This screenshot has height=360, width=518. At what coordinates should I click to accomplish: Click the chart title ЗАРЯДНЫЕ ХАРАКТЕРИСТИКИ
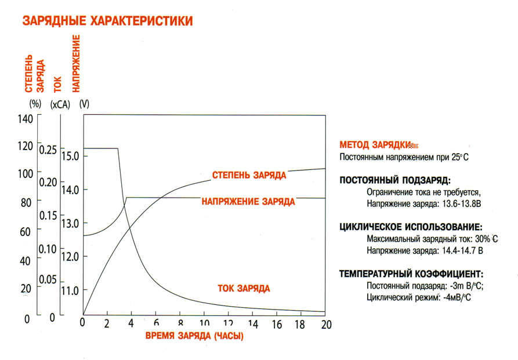tap(107, 21)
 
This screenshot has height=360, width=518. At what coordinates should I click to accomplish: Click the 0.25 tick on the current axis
tap(49, 150)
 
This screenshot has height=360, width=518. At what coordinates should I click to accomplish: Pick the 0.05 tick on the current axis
tap(49, 279)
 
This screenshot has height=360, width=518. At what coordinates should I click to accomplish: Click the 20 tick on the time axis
tap(325, 324)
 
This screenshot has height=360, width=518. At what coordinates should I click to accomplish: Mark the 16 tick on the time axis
tap(277, 324)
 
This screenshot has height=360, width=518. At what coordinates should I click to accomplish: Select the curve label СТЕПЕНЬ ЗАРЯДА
tap(249, 174)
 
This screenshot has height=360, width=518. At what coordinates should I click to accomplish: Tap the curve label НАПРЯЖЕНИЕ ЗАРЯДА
tap(248, 202)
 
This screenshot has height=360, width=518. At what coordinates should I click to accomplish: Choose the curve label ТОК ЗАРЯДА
tap(244, 288)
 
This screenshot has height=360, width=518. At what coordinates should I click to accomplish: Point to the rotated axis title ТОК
tap(57, 85)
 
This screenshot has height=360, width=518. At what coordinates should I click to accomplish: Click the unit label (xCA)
tap(60, 104)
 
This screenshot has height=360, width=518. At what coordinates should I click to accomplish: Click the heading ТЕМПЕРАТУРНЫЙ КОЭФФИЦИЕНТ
tap(411, 274)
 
